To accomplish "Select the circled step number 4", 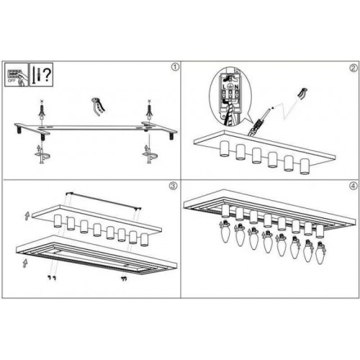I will click(x=353, y=186).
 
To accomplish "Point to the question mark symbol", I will click(x=47, y=73).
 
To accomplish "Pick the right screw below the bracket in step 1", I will click(x=149, y=153).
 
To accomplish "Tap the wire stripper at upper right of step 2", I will click(x=302, y=94).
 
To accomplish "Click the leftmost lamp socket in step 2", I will click(x=225, y=150).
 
